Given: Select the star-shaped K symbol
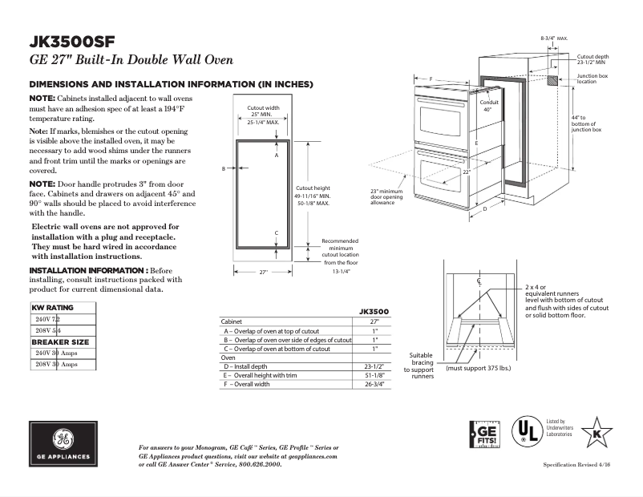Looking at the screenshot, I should [x=596, y=434].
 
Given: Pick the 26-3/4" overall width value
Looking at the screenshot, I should [x=374, y=385].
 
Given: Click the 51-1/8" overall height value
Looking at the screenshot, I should [x=374, y=376].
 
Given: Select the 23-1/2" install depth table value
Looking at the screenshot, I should [x=374, y=366].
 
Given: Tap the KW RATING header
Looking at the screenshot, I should [x=52, y=307].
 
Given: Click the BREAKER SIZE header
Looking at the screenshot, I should [x=60, y=341].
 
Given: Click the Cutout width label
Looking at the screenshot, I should [x=263, y=107].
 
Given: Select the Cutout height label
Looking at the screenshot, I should [x=312, y=187].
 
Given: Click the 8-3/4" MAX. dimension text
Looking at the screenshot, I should [x=554, y=38].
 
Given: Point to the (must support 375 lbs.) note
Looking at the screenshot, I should [x=479, y=368].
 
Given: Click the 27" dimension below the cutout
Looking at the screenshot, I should [x=263, y=273].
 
